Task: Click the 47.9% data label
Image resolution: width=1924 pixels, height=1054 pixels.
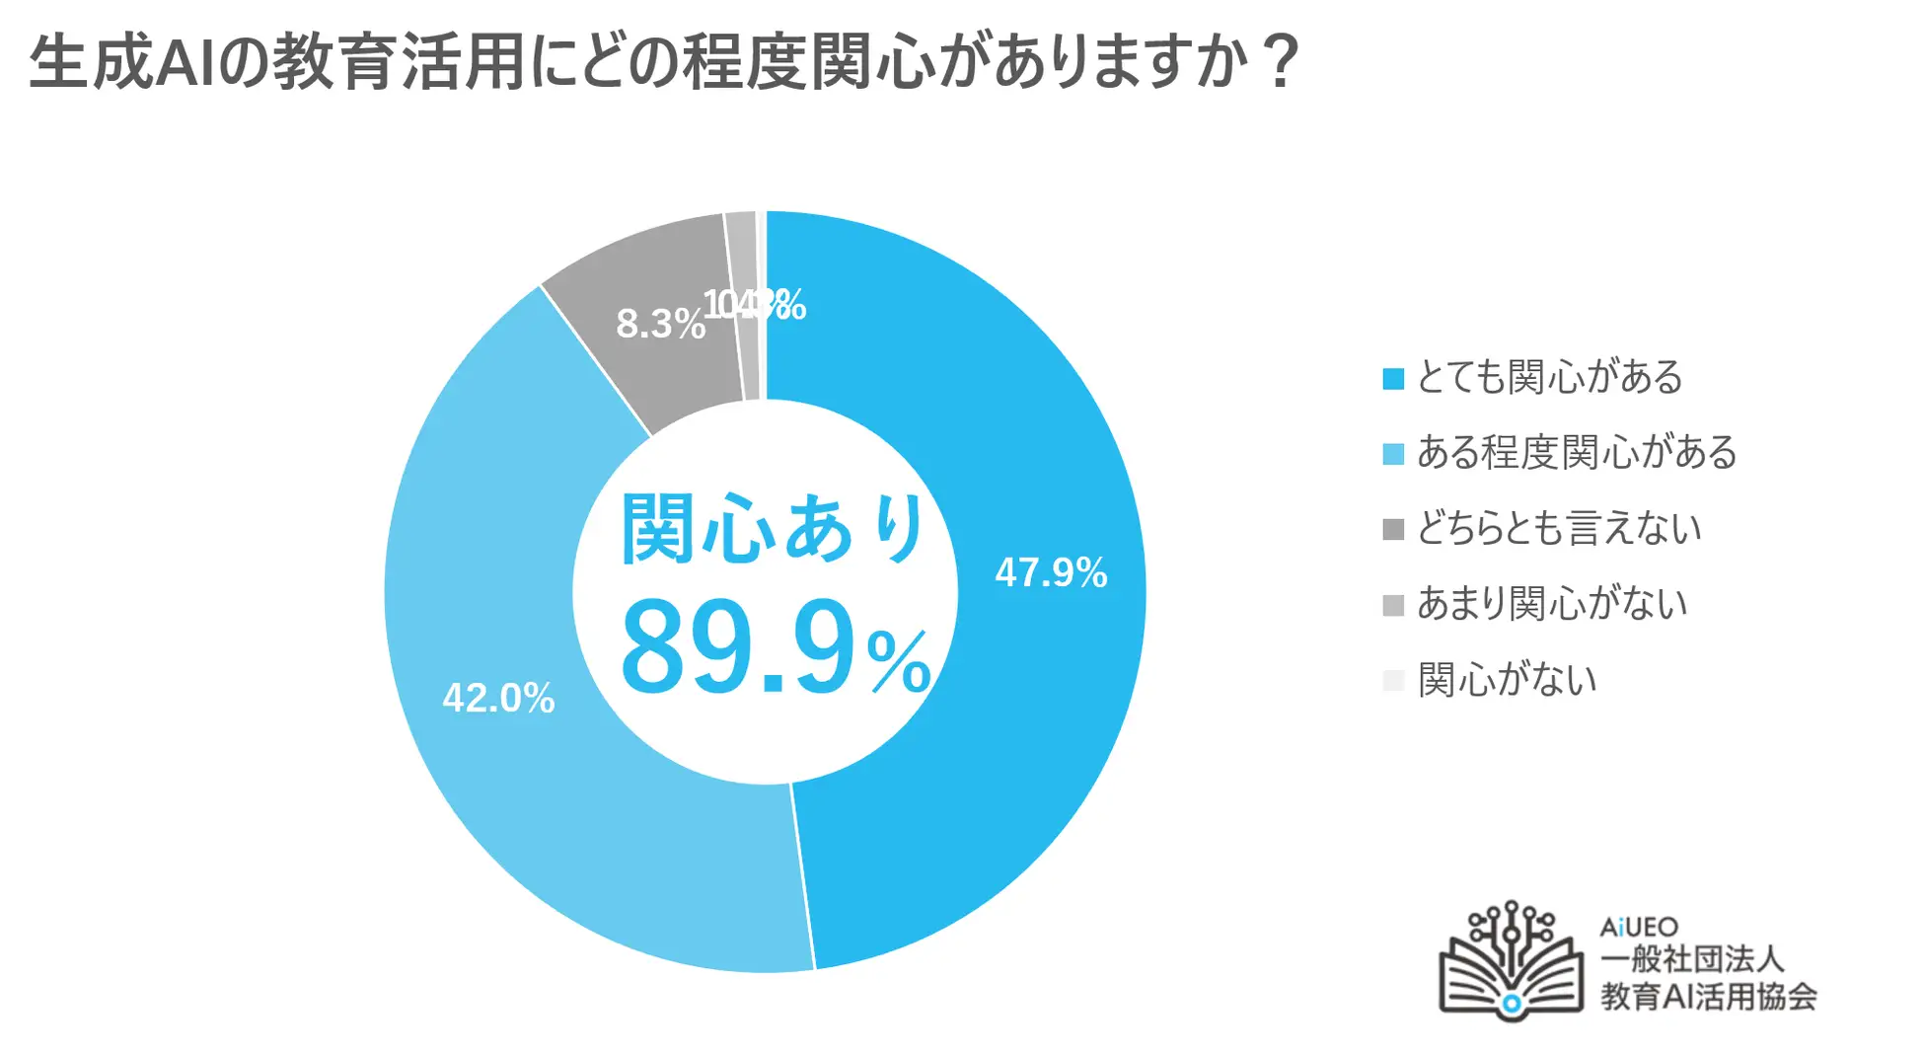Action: (1051, 572)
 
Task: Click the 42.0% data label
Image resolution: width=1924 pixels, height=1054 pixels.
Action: (498, 698)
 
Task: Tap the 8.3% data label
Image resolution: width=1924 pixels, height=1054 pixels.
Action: (660, 324)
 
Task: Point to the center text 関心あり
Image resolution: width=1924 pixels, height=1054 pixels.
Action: (774, 529)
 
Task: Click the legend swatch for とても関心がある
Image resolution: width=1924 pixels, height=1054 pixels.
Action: (1393, 379)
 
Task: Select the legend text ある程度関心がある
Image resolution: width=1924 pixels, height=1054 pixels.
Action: (1576, 452)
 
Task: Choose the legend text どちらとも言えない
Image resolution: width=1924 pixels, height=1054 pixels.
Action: (1559, 528)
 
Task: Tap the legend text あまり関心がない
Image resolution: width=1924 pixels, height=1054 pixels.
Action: (1552, 603)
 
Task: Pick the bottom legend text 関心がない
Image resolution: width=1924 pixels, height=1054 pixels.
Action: (1507, 679)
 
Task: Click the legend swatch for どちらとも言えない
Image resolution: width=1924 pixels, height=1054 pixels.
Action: (1393, 530)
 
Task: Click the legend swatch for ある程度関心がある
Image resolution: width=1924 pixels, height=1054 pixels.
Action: (1393, 454)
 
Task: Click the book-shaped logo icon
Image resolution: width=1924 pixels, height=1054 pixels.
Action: (1511, 962)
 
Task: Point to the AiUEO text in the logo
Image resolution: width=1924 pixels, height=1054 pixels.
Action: (1639, 927)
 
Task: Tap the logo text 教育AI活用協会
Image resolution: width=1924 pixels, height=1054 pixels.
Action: (1708, 996)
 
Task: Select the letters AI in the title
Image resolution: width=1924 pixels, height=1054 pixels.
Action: (185, 62)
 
